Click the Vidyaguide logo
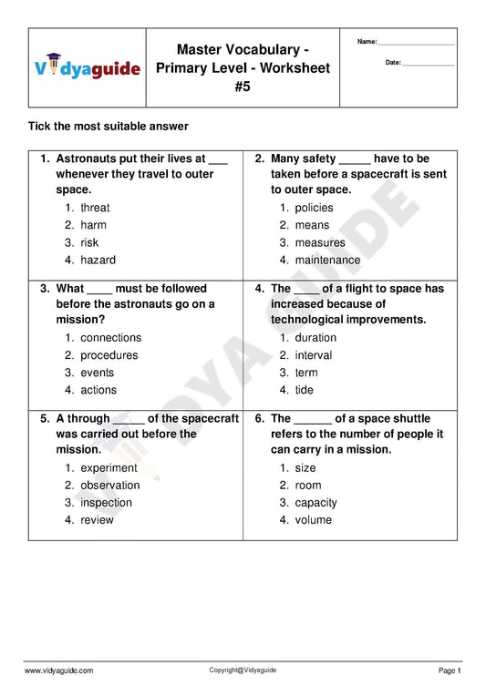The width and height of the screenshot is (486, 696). coord(88,67)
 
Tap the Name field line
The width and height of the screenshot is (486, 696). coord(416,44)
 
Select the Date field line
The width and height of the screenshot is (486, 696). coord(428,65)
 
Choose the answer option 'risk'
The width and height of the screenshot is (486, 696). coord(89,242)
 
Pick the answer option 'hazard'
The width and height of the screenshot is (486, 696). coord(98,260)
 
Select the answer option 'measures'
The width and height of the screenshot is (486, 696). coord(320,242)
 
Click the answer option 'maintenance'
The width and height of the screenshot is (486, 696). coord(327,260)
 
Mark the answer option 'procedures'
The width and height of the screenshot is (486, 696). coord(109,355)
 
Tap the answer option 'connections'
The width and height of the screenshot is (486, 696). coord(110,338)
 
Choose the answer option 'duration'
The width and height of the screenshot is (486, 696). coord(315,338)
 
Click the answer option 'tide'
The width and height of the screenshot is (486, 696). coord(304,390)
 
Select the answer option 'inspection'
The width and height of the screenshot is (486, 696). coord(106,503)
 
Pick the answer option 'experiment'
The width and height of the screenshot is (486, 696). coord(109,468)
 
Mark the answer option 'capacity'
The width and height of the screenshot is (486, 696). coord(315,503)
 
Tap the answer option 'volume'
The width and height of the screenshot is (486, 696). coord(313,520)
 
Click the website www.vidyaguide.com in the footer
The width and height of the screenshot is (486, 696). coord(58,670)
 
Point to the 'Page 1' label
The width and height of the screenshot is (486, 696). coord(450,670)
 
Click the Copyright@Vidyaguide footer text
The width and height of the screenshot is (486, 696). coord(243,670)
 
